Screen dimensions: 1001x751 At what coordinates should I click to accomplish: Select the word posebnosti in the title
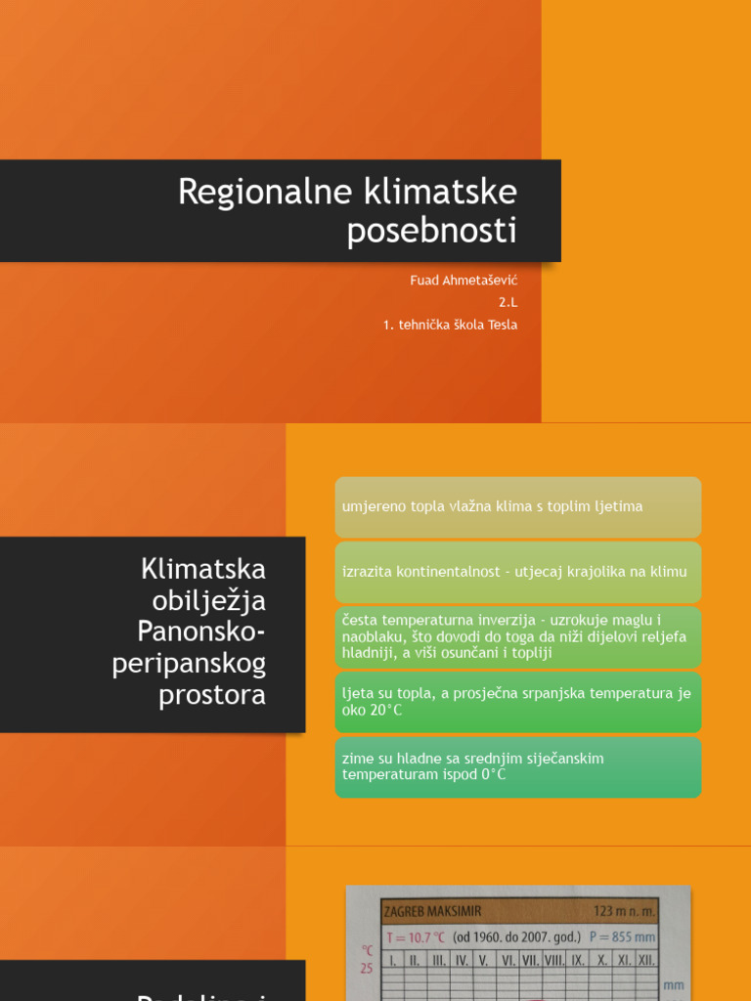[432, 233]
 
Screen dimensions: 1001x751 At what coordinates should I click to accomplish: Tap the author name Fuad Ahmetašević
[464, 281]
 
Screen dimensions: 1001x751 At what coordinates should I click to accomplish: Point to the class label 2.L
[508, 302]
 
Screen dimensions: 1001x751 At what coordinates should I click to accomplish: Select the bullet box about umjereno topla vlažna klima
[517, 507]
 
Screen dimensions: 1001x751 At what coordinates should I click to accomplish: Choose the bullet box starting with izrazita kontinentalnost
[517, 572]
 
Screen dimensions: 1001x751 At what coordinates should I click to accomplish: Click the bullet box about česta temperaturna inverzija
[517, 636]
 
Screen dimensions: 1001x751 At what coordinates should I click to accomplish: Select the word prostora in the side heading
[216, 695]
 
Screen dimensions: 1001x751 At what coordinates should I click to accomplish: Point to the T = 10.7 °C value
[417, 936]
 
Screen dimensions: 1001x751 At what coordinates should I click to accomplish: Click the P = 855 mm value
[622, 936]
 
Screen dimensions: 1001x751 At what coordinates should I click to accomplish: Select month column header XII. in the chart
[645, 960]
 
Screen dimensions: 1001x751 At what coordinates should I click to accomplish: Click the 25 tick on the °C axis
[367, 969]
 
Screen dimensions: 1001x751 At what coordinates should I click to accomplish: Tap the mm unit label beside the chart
[674, 985]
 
